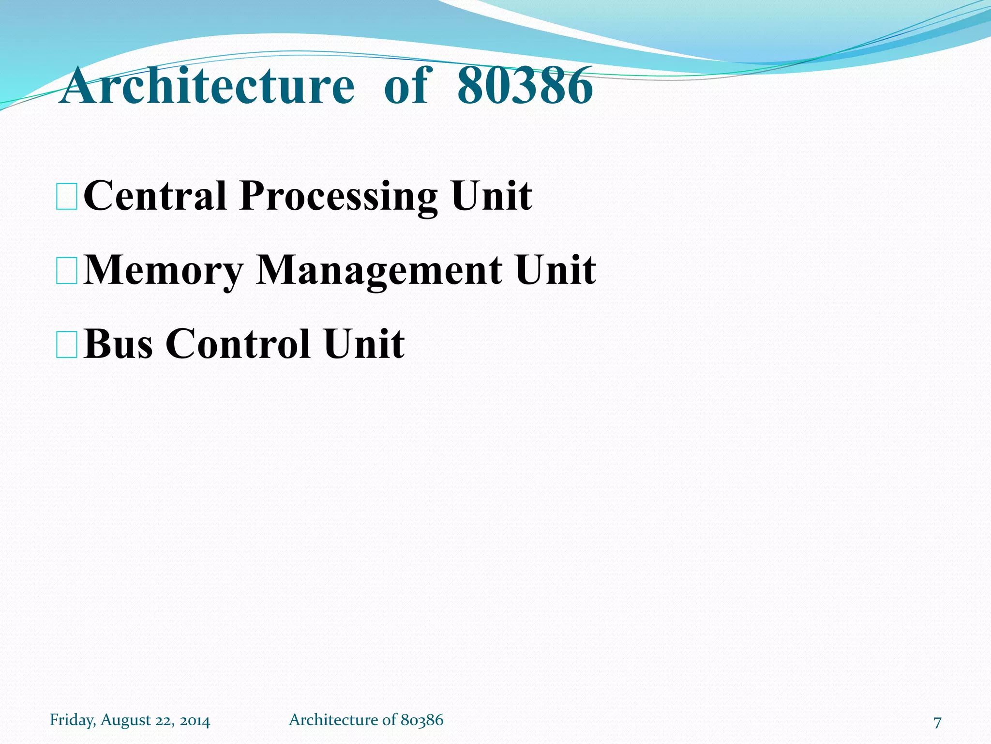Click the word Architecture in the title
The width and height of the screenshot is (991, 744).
coord(208,86)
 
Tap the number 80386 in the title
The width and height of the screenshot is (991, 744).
coord(525,86)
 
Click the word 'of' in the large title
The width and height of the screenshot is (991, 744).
coord(405,86)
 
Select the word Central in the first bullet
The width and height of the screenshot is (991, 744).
coord(155,196)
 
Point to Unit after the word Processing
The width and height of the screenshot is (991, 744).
coord(492,196)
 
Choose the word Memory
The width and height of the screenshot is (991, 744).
coord(164,270)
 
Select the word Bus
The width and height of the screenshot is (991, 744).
coord(118,343)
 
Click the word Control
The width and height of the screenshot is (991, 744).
coord(238,343)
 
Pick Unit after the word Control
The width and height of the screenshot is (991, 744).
coord(364,343)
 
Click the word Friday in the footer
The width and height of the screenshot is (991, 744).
coord(73,720)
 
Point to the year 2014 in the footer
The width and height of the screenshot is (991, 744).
coord(195,721)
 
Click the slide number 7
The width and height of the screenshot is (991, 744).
coord(937,722)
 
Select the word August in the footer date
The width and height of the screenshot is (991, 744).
coord(126,721)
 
